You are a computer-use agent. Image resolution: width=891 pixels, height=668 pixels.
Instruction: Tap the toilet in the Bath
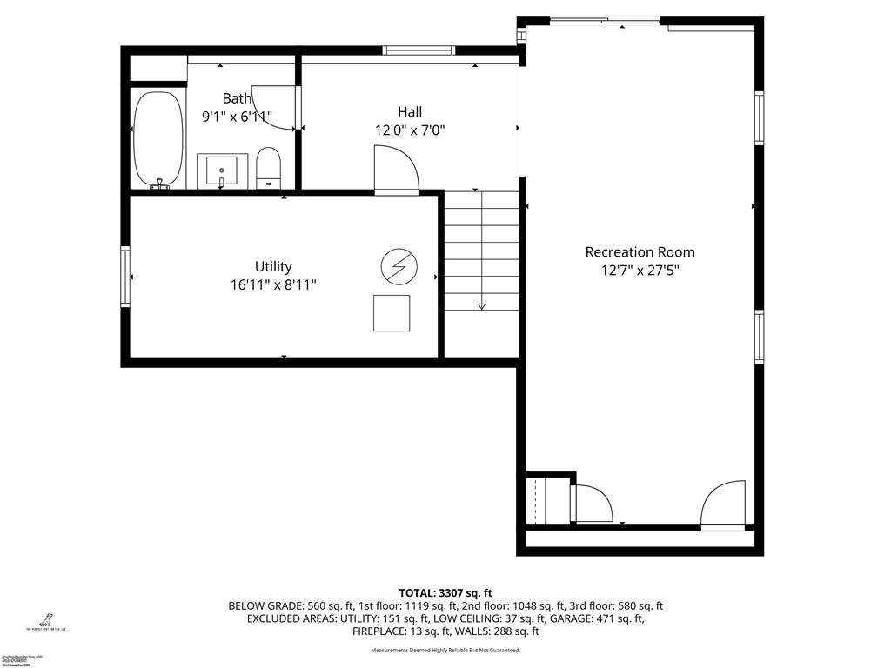click(269, 168)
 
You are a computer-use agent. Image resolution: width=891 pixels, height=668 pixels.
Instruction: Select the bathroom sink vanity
click(222, 170)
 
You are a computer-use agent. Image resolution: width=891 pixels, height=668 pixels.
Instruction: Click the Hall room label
click(410, 111)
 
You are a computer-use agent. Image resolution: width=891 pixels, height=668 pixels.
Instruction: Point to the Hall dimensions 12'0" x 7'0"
click(410, 130)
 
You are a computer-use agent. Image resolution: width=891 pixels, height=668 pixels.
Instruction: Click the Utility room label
click(273, 266)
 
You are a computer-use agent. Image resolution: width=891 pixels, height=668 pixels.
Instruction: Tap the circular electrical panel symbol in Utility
click(399, 266)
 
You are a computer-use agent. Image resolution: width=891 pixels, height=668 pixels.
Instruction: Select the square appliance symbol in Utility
click(392, 313)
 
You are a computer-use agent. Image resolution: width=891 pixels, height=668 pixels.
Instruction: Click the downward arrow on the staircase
click(481, 304)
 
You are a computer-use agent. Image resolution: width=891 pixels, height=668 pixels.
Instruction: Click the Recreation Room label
click(640, 252)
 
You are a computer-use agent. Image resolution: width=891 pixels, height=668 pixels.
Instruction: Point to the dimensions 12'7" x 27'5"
click(640, 271)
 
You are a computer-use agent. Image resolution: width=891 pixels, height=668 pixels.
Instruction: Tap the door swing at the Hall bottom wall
click(396, 170)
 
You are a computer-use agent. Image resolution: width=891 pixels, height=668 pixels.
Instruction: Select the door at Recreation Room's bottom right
click(724, 504)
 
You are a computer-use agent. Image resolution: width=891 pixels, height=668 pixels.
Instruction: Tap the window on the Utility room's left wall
click(125, 277)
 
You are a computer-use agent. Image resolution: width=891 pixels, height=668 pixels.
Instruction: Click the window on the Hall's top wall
click(419, 50)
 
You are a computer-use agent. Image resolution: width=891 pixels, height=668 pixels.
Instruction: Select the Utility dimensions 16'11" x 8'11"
click(273, 284)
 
